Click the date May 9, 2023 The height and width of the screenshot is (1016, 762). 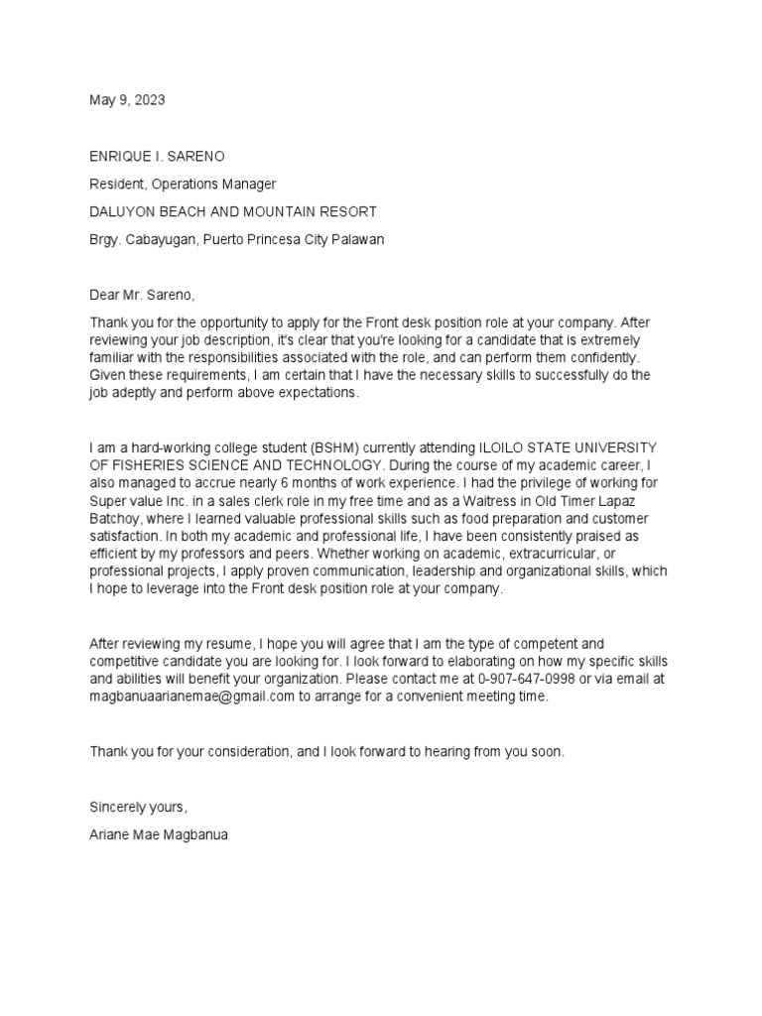[127, 100]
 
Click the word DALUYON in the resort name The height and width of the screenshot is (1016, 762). [123, 211]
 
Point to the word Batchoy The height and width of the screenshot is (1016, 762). [116, 519]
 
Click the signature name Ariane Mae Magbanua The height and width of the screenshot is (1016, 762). [159, 834]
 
